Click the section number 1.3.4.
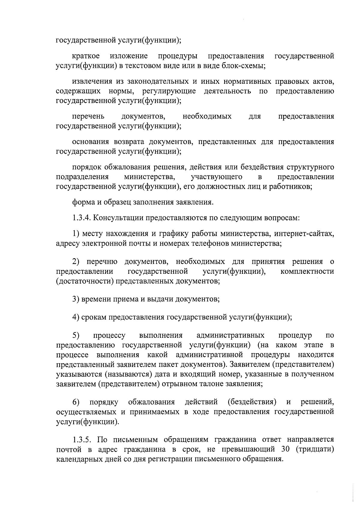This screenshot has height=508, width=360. point(81,218)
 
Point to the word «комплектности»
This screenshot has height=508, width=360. point(307,272)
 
